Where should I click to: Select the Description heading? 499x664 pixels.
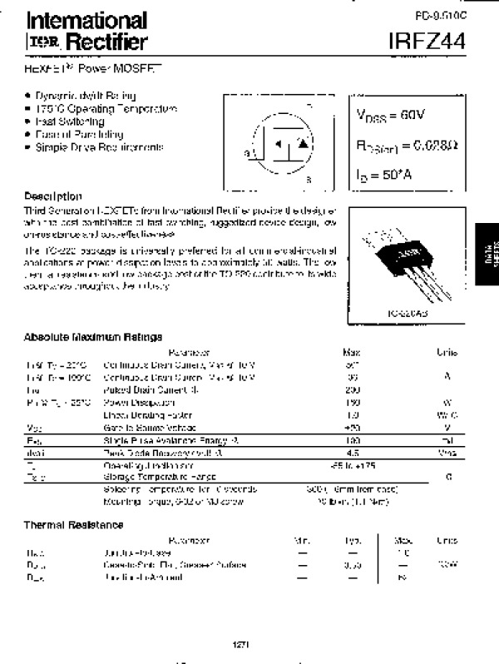tap(53, 196)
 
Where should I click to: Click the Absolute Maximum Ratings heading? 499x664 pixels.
tap(93, 337)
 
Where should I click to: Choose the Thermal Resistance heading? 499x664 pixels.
tap(73, 525)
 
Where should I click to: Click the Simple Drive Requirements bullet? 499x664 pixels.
tap(100, 147)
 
